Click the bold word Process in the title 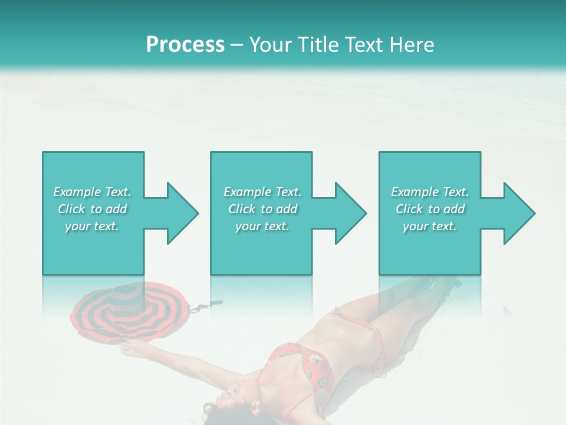[185, 45]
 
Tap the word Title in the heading [318, 45]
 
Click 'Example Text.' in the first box [92, 192]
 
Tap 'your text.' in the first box [92, 226]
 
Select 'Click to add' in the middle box [262, 209]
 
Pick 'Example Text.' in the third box [430, 192]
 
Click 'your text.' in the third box [430, 226]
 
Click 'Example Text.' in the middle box [262, 192]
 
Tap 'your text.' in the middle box [262, 226]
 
